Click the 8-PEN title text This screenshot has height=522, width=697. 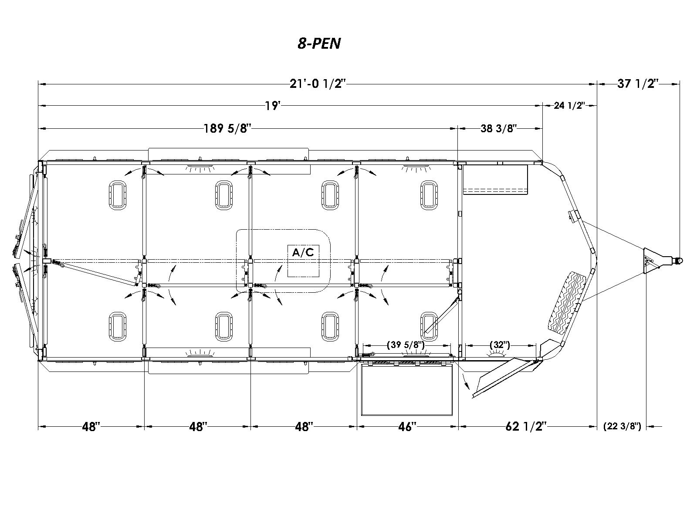click(x=319, y=43)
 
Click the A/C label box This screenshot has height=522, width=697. click(x=303, y=261)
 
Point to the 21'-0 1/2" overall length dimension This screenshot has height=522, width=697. click(x=317, y=84)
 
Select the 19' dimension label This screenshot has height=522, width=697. click(x=272, y=106)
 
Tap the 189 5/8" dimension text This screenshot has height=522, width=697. click(x=227, y=128)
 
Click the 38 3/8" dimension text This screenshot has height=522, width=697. click(x=498, y=128)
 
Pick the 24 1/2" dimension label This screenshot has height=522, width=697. click(x=569, y=106)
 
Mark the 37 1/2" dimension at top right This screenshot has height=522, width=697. click(x=638, y=84)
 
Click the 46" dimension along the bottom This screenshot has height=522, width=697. click(x=407, y=427)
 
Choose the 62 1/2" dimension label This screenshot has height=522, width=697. click(x=526, y=427)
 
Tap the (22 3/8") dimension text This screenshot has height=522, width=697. click(x=622, y=427)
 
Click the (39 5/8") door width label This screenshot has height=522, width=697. click(x=406, y=345)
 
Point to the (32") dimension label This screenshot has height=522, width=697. click(x=500, y=345)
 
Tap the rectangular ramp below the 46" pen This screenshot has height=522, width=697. click(x=407, y=389)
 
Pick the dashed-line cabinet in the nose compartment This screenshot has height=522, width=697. click(x=495, y=179)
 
